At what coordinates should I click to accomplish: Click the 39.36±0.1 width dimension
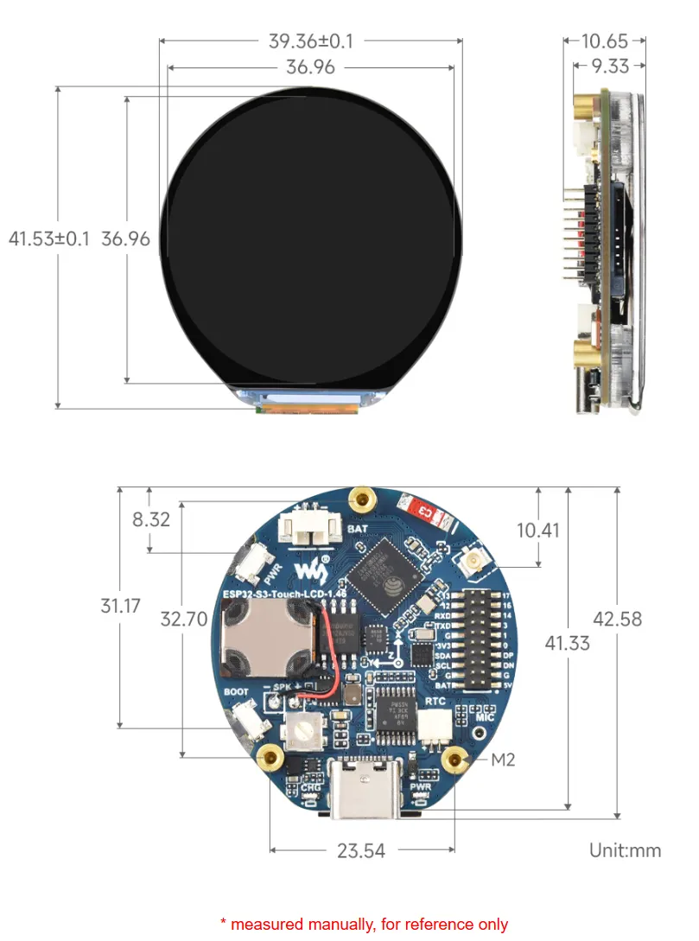(311, 41)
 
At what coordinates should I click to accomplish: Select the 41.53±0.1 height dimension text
(48, 238)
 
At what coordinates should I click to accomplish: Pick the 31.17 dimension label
(120, 606)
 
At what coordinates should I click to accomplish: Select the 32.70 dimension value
(184, 619)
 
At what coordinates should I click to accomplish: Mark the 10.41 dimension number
(538, 530)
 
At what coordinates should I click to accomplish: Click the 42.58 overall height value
(617, 619)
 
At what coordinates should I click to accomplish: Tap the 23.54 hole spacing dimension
(361, 850)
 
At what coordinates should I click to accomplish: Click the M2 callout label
(503, 760)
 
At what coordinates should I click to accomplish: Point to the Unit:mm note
(625, 850)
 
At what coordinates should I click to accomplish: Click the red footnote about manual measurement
(364, 925)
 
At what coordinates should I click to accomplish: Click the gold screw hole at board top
(362, 497)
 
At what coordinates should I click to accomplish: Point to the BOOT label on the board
(236, 692)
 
